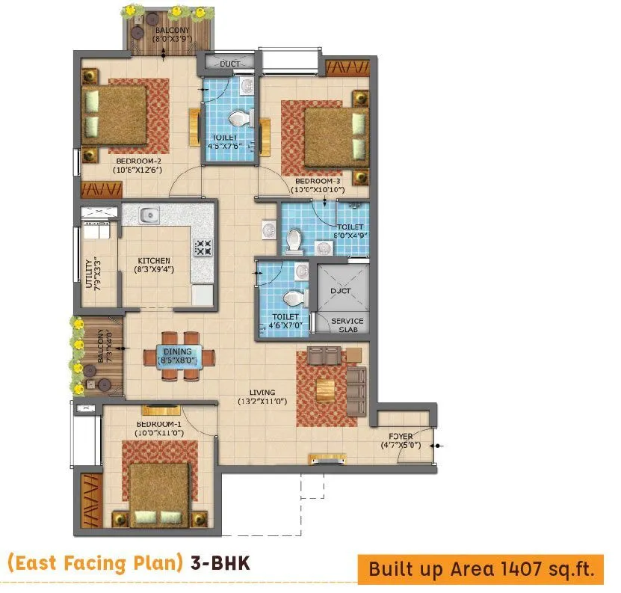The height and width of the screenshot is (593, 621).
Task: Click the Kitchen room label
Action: click(x=155, y=261)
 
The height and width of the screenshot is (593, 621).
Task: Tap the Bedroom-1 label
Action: click(x=158, y=427)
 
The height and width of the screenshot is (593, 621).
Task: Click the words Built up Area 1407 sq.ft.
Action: click(x=481, y=571)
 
